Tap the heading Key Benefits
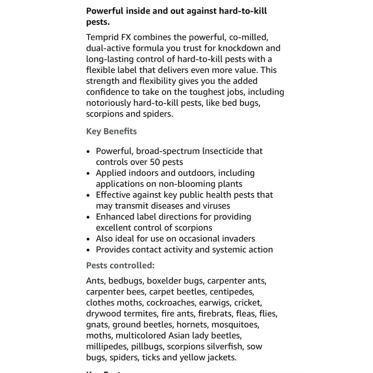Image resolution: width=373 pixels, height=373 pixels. pos(111,131)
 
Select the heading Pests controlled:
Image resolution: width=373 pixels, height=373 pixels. pos(120,265)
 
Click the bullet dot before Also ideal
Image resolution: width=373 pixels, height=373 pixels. pos(90,238)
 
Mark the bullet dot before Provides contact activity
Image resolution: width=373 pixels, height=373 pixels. pos(90,249)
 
